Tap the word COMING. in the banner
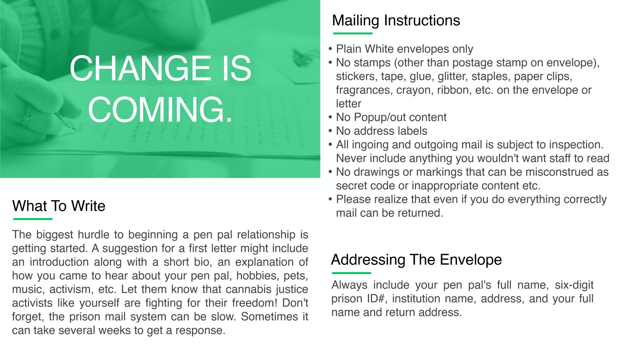point(160,110)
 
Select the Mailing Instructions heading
point(396,20)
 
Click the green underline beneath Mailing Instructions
point(353,33)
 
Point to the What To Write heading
point(59,206)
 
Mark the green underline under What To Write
point(33,219)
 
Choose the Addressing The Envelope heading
point(416,259)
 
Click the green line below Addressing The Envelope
point(351,273)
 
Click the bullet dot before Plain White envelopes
point(330,49)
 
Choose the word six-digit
point(574,285)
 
